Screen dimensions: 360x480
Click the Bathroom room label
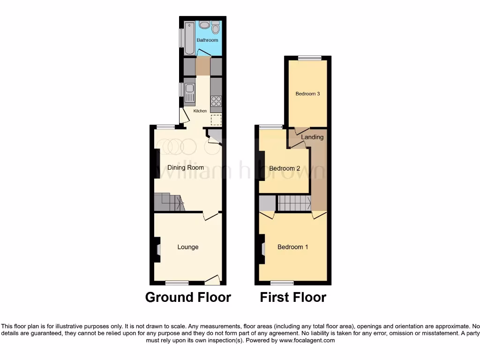pos(207,40)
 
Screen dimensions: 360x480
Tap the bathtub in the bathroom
pos(190,37)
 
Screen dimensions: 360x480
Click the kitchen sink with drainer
pos(190,91)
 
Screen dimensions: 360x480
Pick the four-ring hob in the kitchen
pos(216,102)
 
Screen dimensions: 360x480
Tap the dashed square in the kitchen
pos(216,120)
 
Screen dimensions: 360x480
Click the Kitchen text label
pos(200,111)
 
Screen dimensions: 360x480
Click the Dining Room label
pos(186,167)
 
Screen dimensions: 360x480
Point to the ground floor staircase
pos(169,203)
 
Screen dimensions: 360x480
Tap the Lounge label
pos(187,247)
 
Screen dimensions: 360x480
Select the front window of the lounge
pos(177,283)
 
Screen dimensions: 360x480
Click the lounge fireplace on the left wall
pos(158,249)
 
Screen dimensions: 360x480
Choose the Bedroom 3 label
pos(307,94)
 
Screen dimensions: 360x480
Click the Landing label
pos(312,137)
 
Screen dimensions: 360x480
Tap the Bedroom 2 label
pos(285,169)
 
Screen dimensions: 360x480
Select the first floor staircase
pos(295,203)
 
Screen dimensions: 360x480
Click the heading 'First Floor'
pos(293,297)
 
